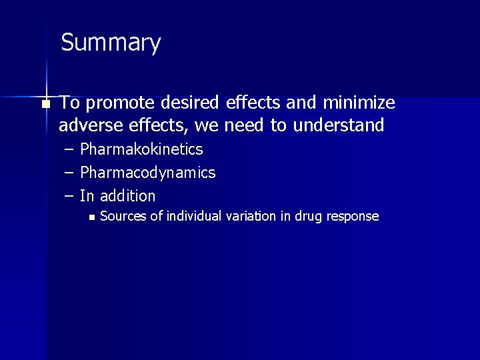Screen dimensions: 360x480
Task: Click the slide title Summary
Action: coord(111,43)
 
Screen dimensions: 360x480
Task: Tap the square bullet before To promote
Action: coord(45,104)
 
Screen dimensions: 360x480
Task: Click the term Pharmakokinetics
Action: coord(141,149)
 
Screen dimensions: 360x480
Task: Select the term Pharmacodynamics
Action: coord(147,173)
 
